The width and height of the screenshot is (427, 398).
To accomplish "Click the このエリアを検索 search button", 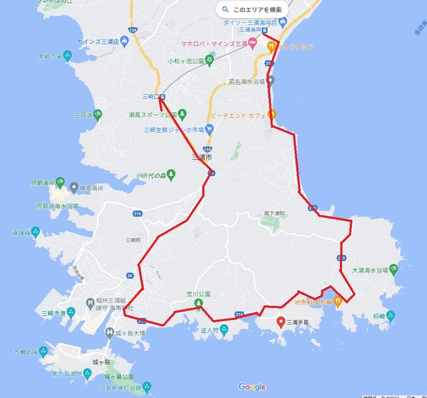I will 253,10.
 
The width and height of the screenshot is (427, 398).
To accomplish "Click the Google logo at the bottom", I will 252,387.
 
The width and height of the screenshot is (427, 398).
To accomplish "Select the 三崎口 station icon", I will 163,97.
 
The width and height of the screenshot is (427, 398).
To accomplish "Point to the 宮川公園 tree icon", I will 199,304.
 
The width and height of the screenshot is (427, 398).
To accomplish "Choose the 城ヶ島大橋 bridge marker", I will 110,331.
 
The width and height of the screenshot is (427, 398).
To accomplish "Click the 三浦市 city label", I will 201,157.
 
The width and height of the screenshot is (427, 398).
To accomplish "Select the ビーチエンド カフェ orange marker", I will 271,114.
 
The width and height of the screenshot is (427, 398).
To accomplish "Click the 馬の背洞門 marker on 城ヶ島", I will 87,373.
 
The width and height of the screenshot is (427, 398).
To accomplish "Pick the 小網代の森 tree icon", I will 171,175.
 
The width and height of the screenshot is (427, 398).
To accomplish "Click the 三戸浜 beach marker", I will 98,114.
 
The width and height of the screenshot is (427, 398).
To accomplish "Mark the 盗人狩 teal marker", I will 224,329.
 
